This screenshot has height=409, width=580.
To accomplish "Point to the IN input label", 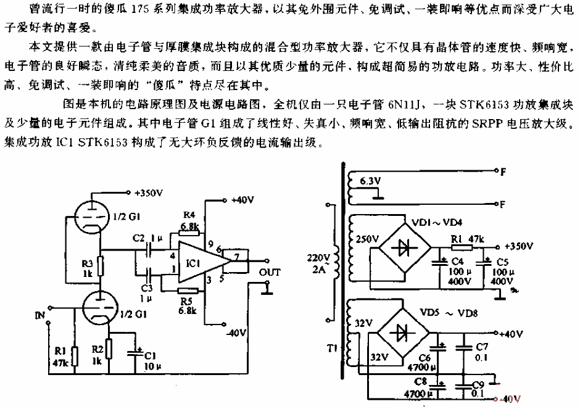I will click(40, 315).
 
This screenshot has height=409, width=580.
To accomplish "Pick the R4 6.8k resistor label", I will click(189, 221).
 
